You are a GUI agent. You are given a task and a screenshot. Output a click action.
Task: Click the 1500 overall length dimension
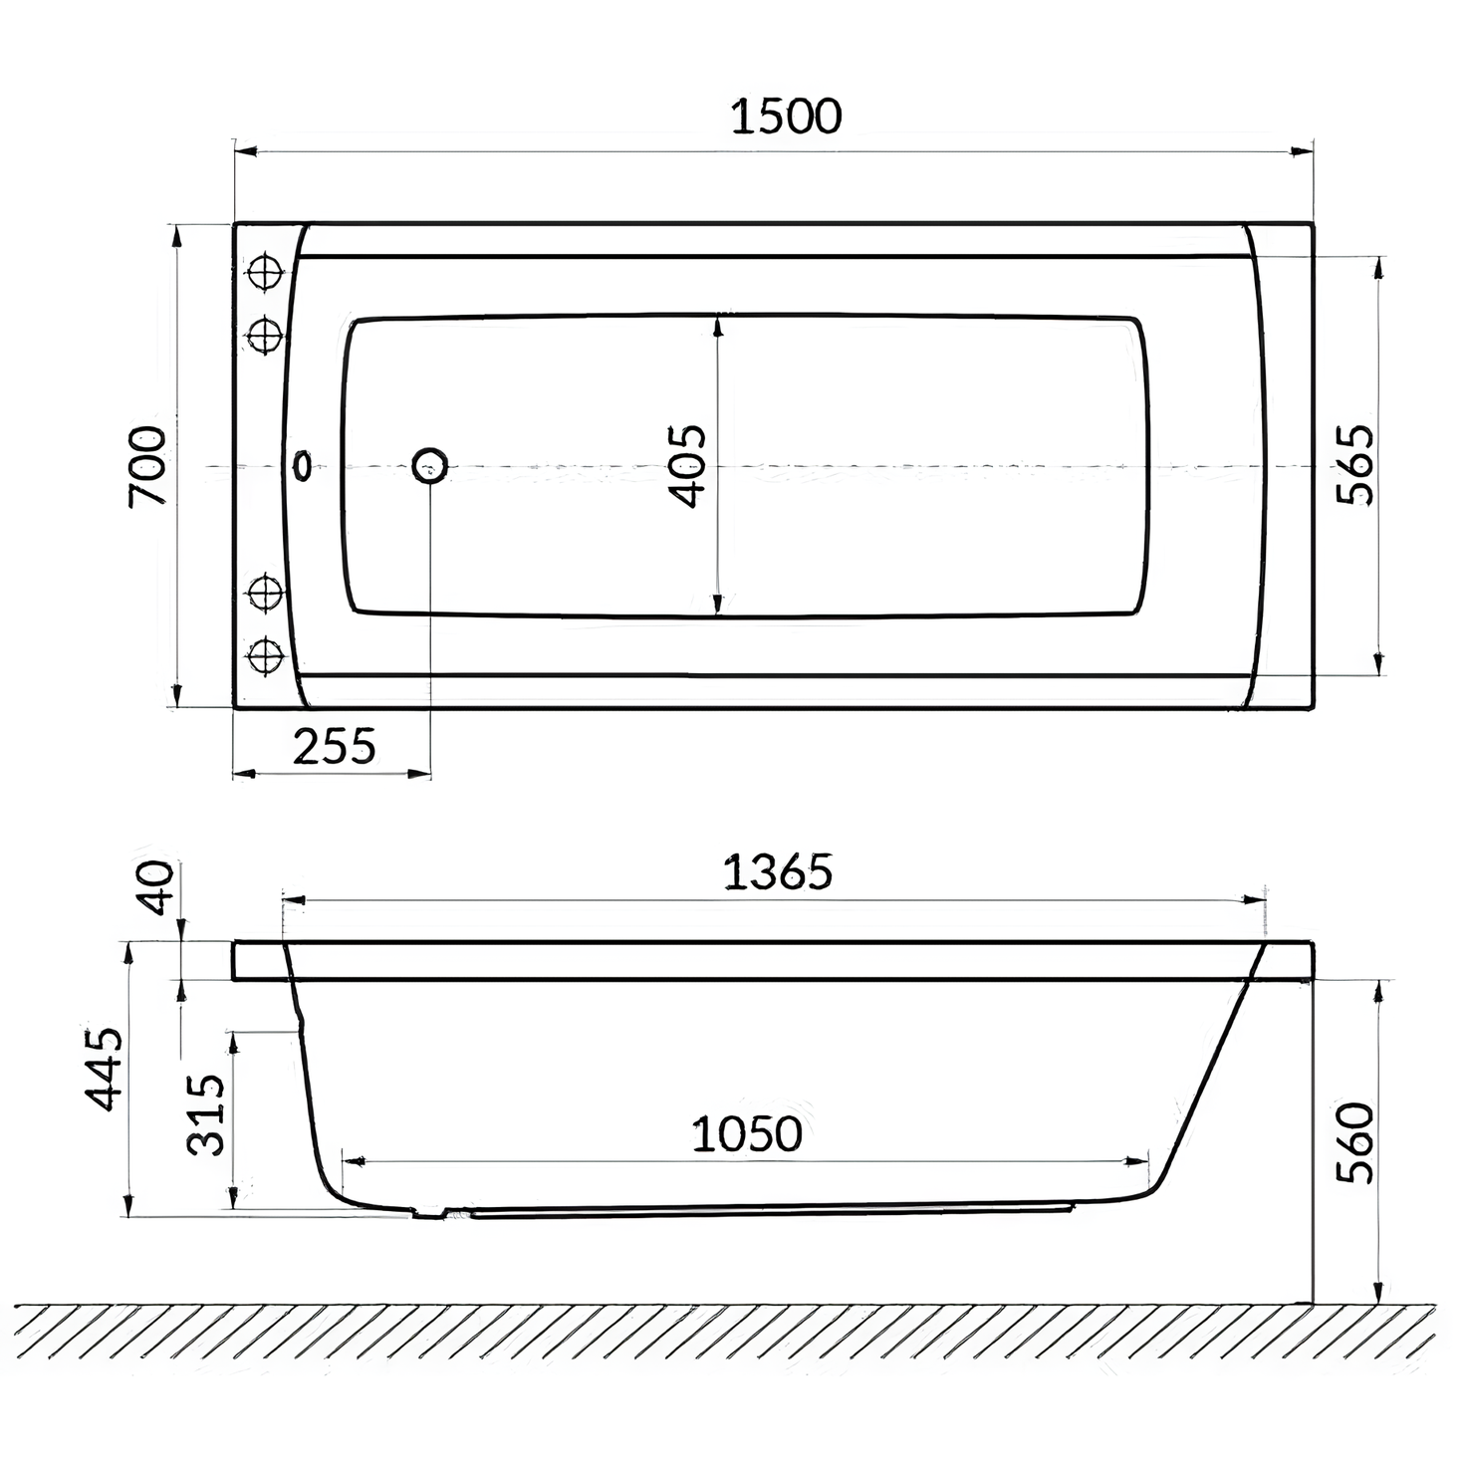pos(786,117)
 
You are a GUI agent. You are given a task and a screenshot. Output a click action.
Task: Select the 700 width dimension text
pos(148,465)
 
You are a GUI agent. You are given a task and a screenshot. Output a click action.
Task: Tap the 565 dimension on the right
pos(1354,465)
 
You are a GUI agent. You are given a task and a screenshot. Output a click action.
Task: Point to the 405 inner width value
pos(687,465)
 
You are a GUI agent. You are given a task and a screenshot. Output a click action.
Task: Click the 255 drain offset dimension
pos(335,745)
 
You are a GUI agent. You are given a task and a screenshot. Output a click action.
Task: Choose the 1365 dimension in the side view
pos(777,872)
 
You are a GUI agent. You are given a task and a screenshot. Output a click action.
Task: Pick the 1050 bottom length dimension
pos(747,1133)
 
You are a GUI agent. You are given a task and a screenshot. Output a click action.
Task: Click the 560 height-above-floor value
pos(1354,1142)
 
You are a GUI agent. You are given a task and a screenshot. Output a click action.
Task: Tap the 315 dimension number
pos(208,1113)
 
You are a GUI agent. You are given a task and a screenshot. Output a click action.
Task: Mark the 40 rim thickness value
pos(156,887)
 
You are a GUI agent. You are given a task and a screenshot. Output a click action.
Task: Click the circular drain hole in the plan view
pos(430,465)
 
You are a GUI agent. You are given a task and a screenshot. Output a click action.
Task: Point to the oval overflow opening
pos(302,465)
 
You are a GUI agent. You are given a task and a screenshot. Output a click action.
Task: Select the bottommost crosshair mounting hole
pos(265,655)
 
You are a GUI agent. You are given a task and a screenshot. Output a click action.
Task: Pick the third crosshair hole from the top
pos(265,594)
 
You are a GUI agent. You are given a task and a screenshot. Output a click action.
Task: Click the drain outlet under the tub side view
pos(430,1213)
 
